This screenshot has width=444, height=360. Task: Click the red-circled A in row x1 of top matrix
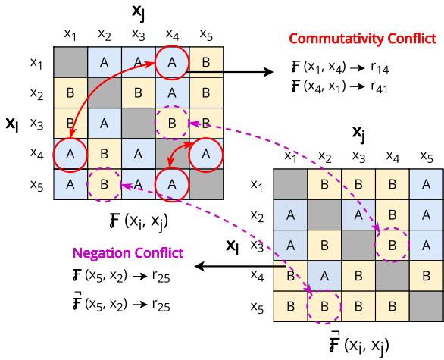tap(171, 63)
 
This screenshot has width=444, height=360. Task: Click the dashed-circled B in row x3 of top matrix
tap(171, 122)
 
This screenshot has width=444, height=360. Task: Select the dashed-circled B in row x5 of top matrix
tap(104, 183)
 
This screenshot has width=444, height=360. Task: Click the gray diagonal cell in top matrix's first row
tap(70, 63)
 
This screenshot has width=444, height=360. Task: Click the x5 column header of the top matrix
tap(205, 33)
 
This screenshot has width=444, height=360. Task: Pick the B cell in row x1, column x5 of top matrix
tap(205, 63)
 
